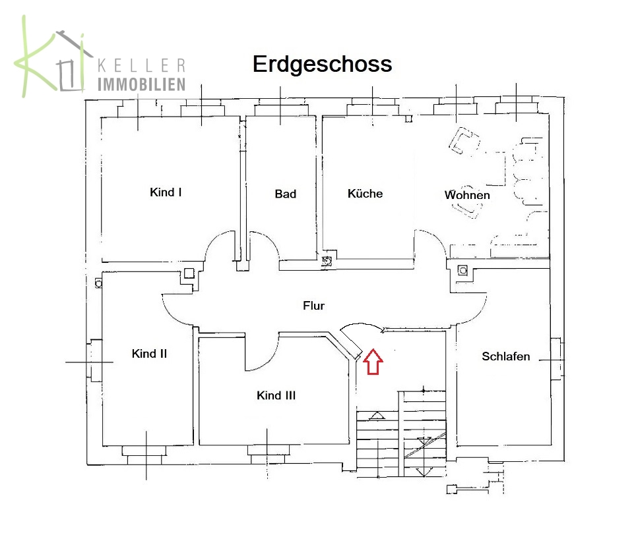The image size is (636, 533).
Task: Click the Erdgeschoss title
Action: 322,65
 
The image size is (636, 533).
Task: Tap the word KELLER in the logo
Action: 141,66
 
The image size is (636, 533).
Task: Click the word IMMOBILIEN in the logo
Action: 141,84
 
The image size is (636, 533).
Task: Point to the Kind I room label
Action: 166,192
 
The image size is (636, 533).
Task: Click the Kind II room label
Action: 149,354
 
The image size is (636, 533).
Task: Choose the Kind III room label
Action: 276,395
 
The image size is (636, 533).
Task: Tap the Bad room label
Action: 285,194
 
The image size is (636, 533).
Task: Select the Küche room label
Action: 365,194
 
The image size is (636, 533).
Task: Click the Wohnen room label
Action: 467,195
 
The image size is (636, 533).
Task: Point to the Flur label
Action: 313,306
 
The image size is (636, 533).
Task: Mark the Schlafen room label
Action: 505,356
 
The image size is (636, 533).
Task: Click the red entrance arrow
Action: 373,362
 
